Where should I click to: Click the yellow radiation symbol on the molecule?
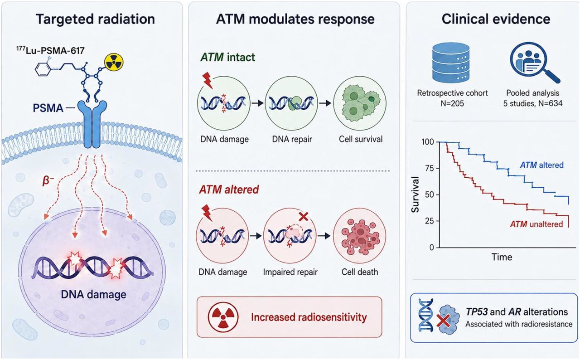pos(114,63)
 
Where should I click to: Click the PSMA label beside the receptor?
pos(48,108)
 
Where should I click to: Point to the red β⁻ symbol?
pos(48,180)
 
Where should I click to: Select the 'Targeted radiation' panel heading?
pos(95,19)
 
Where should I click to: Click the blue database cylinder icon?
pos(451,63)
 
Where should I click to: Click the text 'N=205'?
pos(452,103)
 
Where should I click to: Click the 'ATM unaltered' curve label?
pos(536,224)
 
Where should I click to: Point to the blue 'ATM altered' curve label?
pos(541,165)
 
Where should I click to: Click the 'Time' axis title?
pos(502,257)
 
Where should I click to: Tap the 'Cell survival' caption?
pos(361,139)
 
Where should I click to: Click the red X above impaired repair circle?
pos(303,217)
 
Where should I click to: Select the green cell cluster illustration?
pos(360,103)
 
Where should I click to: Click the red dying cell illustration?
pos(360,236)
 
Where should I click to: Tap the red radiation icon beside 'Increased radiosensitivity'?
pos(223,317)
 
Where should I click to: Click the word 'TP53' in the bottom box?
pos(476,312)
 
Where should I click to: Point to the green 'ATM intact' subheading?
pos(227,57)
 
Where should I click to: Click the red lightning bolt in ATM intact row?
pos(208,80)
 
